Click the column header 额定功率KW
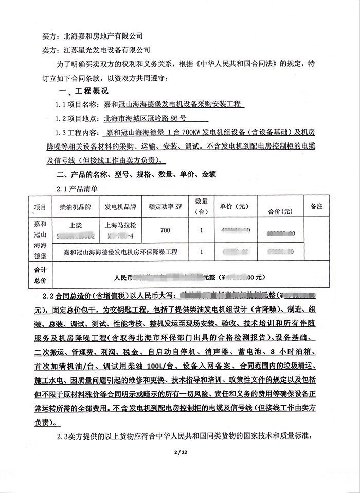(166, 207)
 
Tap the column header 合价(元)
(280, 211)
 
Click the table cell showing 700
(165, 230)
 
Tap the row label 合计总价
(40, 276)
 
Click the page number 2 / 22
(179, 452)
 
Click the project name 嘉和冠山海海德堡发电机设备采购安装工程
(174, 104)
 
